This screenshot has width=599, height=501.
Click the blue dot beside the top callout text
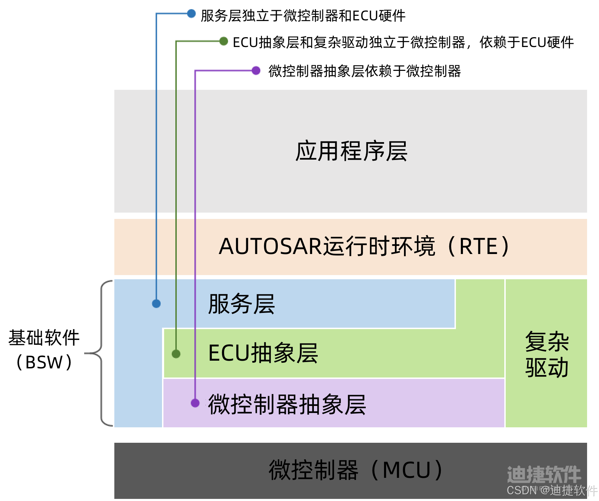click(191, 14)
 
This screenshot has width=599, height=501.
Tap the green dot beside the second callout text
click(223, 41)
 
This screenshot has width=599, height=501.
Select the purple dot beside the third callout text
click(256, 71)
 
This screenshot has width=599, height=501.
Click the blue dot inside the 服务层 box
click(156, 303)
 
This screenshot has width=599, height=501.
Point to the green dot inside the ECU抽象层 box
click(176, 354)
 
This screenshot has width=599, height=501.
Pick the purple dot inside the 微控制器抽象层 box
click(195, 403)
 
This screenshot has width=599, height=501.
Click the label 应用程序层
click(351, 152)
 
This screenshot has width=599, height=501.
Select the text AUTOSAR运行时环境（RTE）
click(364, 246)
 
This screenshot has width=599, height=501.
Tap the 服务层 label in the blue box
click(241, 304)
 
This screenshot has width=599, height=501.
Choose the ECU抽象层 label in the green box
click(263, 353)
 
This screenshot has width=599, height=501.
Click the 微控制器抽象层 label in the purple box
click(287, 404)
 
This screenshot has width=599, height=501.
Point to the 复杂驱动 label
click(546, 354)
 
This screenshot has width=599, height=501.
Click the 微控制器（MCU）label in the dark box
click(356, 470)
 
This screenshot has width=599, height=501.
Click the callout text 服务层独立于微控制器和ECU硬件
click(303, 16)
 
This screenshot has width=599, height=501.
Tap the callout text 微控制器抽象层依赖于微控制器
click(364, 71)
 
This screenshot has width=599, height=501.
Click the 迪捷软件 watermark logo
click(544, 474)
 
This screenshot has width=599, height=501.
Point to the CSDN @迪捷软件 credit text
click(552, 490)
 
